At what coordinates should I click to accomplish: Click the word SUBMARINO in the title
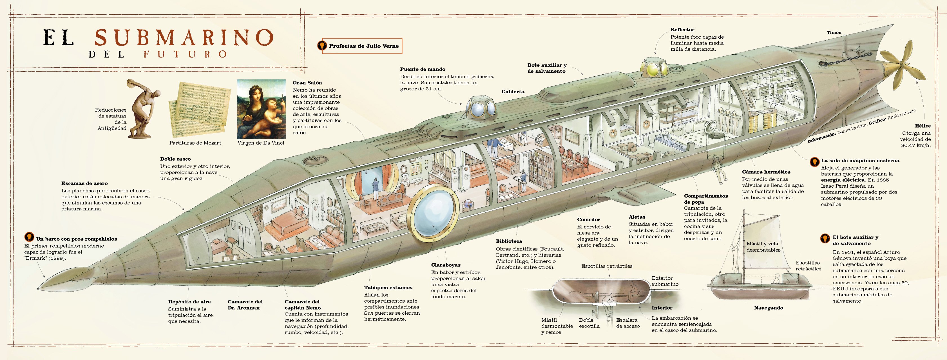(184, 37)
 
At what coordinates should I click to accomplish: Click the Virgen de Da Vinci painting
(261, 109)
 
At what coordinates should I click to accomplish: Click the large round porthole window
(433, 213)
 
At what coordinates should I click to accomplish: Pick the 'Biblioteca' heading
(509, 241)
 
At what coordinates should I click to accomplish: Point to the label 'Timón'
(834, 33)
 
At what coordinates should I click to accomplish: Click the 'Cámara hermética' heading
(766, 172)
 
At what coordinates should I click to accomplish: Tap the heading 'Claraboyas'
(446, 265)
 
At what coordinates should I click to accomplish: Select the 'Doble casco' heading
(175, 159)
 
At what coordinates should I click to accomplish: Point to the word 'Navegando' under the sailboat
(768, 308)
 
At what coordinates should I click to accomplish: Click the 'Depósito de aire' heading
(189, 301)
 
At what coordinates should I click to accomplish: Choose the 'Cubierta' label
(513, 92)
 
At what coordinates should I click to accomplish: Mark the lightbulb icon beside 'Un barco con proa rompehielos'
(29, 237)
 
